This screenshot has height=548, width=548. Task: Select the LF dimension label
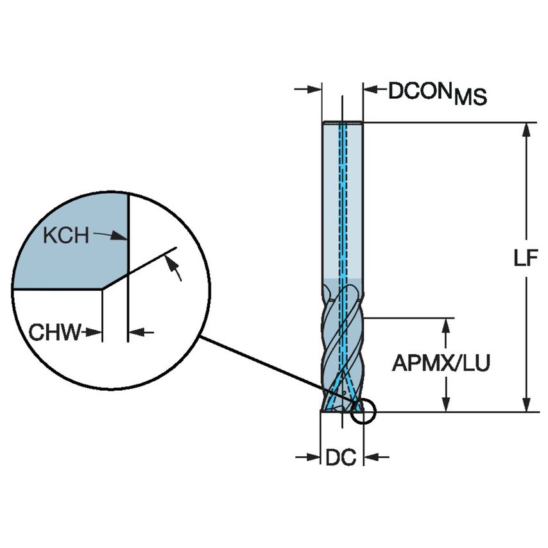tap(527, 258)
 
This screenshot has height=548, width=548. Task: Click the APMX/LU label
tap(441, 364)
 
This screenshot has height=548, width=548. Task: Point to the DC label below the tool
tap(341, 458)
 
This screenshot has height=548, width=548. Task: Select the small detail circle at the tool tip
tap(363, 413)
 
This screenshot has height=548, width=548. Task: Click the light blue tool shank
tap(342, 205)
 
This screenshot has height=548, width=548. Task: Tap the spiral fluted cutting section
tap(342, 347)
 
